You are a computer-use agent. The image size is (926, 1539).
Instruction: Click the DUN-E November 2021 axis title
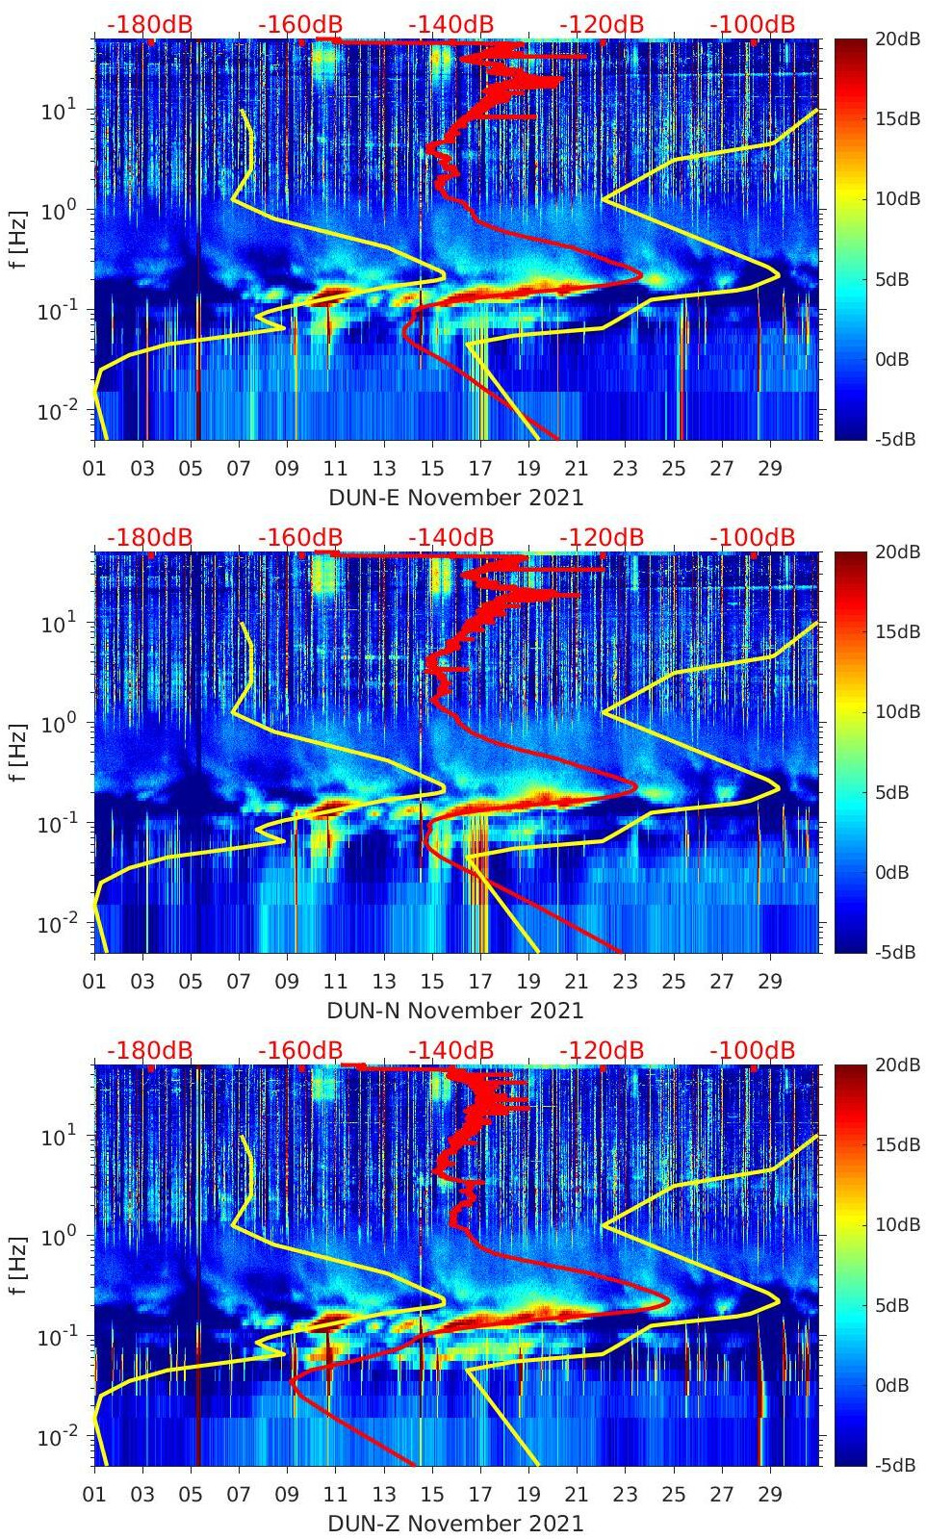[x=455, y=498]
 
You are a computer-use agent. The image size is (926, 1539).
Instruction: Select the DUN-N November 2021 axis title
[x=455, y=1011]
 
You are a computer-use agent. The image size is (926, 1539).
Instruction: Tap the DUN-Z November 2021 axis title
[x=455, y=1524]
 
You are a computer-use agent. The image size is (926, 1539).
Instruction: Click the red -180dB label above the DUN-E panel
[x=149, y=24]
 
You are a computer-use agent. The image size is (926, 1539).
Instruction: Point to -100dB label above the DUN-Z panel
[x=752, y=1050]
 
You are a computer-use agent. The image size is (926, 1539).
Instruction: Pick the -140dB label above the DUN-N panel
[x=450, y=537]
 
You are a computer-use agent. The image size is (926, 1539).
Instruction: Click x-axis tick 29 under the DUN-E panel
[x=769, y=469]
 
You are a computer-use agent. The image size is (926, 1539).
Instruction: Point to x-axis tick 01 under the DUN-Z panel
[x=94, y=1495]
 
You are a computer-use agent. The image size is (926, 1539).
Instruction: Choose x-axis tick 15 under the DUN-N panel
[x=432, y=982]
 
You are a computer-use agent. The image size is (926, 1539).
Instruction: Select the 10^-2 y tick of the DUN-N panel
[x=57, y=924]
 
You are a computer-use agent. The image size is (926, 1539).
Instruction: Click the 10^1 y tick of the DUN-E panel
[x=59, y=111]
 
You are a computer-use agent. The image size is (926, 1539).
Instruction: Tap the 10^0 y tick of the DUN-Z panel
[x=59, y=1236]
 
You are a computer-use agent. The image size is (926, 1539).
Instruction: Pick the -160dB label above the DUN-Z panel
[x=300, y=1050]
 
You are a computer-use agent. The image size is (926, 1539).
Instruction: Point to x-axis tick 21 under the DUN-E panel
[x=577, y=469]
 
